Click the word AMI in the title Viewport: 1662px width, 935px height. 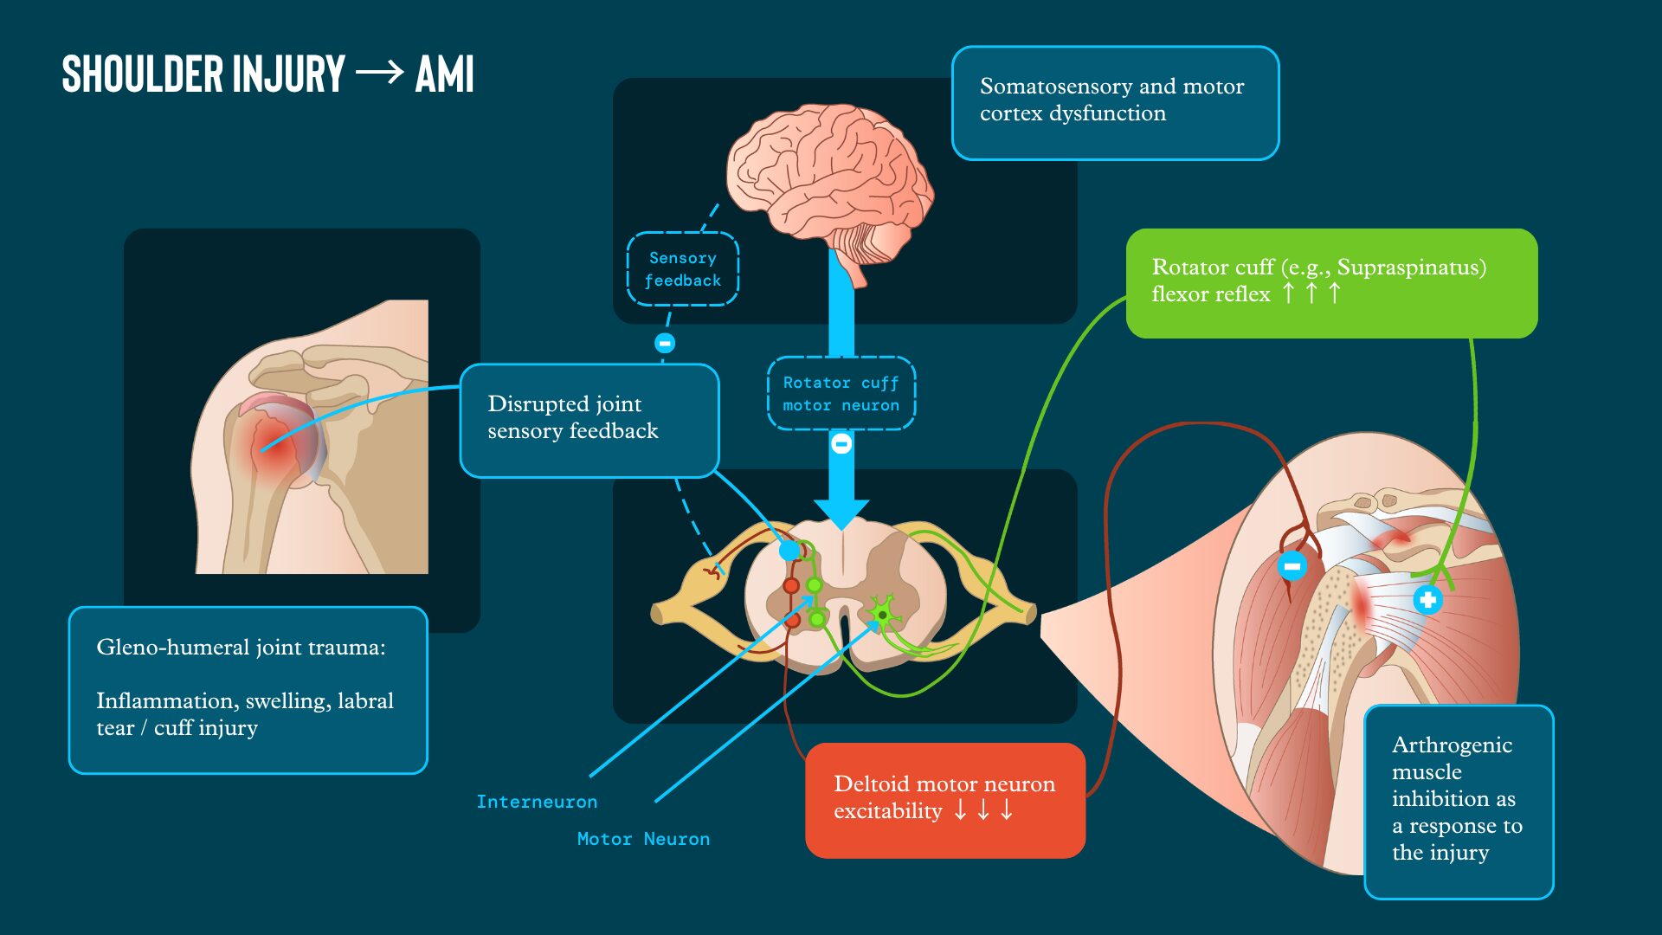[x=444, y=74]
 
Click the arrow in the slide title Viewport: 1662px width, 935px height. [x=379, y=72]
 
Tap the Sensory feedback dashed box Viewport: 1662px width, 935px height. [x=683, y=269]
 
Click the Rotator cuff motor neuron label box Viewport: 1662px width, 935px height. [x=841, y=393]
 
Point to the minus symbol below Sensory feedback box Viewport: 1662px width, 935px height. [x=665, y=344]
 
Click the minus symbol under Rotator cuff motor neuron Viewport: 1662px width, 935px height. [x=841, y=444]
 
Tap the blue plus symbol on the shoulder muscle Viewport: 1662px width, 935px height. [x=1427, y=599]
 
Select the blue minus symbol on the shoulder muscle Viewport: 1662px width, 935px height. [x=1292, y=567]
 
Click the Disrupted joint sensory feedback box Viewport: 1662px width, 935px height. [x=589, y=421]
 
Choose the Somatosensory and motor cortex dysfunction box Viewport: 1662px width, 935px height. [x=1115, y=103]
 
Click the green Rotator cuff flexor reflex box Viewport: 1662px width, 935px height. [x=1331, y=283]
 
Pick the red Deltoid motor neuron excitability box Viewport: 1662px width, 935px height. [x=945, y=800]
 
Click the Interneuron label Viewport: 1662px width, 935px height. [x=537, y=802]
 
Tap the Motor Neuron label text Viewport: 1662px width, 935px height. [x=643, y=839]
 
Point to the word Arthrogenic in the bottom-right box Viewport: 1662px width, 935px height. [x=1452, y=746]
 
